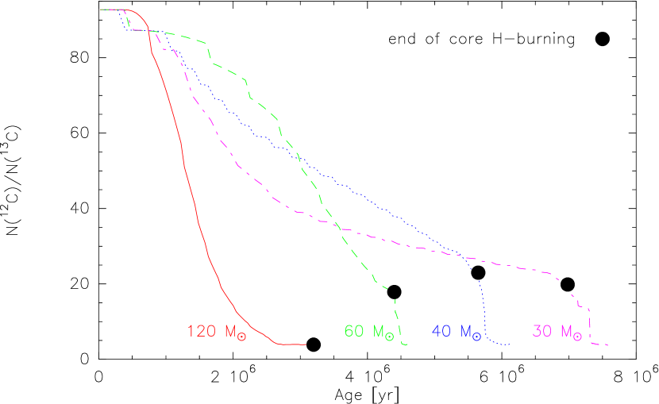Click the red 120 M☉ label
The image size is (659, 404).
coord(217,333)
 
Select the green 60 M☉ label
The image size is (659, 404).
coord(369,332)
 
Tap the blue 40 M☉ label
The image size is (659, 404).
coord(457,332)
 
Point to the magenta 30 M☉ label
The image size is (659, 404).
coord(557,332)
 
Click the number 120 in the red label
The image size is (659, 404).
coord(202,332)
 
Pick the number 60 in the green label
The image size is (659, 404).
coord(355,331)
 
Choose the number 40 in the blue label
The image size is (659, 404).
coord(442,331)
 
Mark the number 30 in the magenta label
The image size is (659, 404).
coord(543,331)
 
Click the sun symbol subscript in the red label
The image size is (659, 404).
coord(242,337)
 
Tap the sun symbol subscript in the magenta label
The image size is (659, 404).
coord(578,337)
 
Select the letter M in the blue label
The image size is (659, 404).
coord(465,331)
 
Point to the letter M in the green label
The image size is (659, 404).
coord(379,331)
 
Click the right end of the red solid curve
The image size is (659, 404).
coord(306,344)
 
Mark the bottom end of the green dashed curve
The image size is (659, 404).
coord(406,345)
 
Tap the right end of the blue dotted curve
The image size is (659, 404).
coord(509,345)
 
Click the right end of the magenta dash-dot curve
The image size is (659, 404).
coord(607,345)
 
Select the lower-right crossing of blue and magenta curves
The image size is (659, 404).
coord(461,256)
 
